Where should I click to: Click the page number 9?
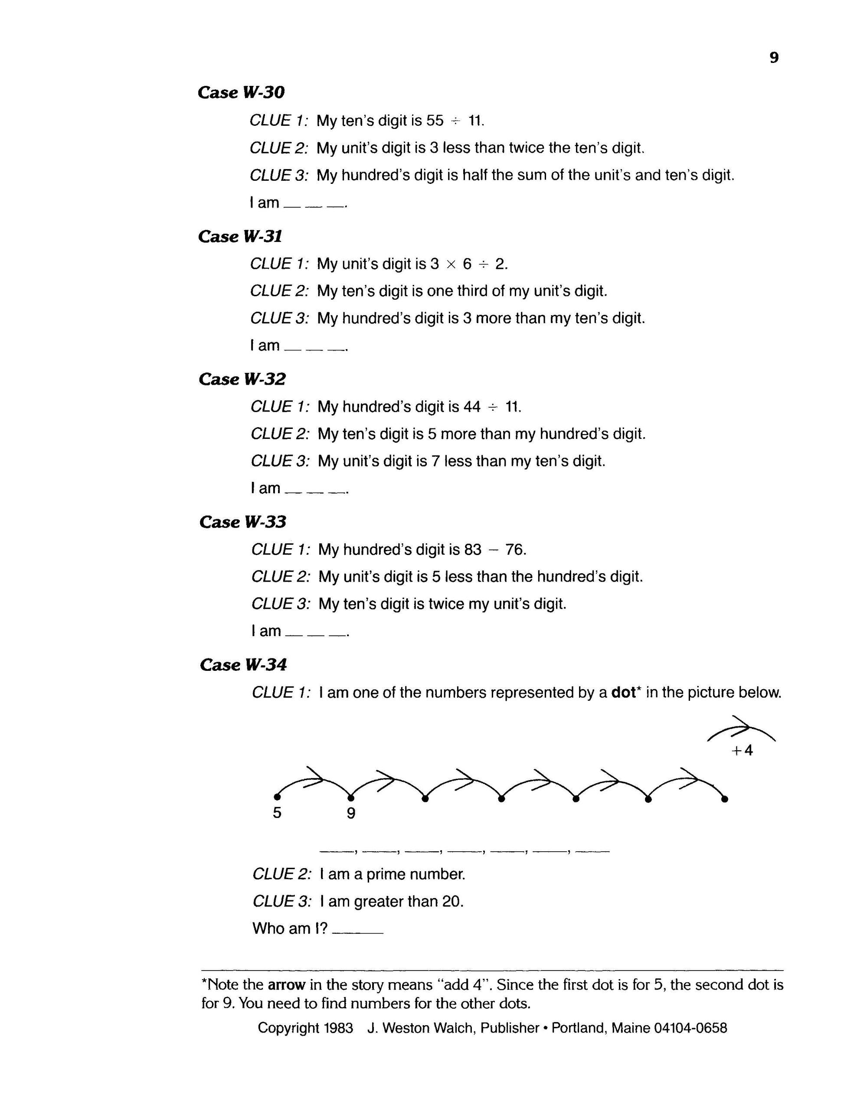coord(774,58)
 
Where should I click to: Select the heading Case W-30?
coord(241,92)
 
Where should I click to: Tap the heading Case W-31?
coord(240,236)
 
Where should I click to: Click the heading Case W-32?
coord(242,379)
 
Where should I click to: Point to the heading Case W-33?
coord(242,522)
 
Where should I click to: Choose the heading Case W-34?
coord(243,665)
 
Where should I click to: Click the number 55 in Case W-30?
coord(435,121)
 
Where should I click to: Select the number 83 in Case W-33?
coord(473,549)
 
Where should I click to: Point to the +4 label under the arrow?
coord(743,750)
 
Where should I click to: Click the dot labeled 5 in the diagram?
coord(277,797)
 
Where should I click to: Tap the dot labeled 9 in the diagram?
coord(351,797)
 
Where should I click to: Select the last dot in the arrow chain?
coord(724,799)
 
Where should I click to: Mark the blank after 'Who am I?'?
coord(358,928)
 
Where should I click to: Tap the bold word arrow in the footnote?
coord(286,984)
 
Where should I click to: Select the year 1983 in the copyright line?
coord(338,1028)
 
